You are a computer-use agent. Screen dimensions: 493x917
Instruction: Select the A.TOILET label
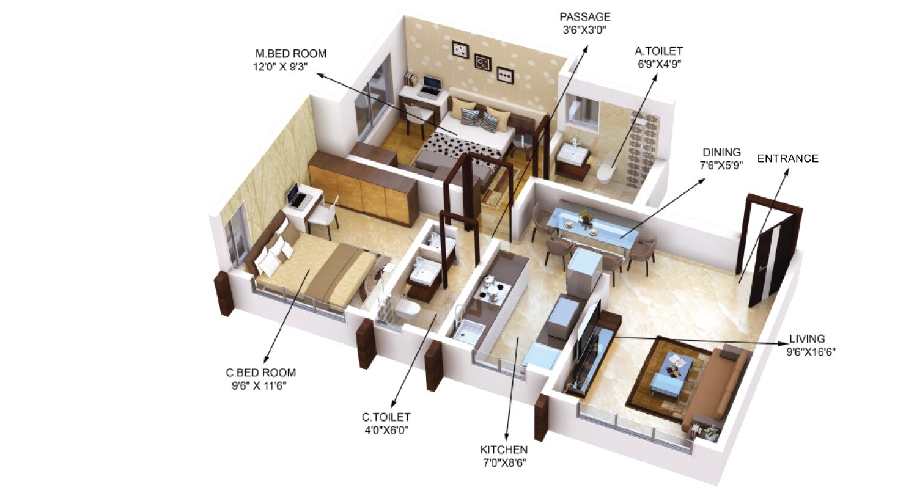click(659, 51)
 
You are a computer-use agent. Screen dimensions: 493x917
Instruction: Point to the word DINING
click(721, 152)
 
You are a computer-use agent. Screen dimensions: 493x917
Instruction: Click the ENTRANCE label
click(787, 158)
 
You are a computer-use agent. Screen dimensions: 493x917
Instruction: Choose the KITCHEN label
click(503, 450)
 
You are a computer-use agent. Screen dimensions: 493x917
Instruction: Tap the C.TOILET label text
click(386, 417)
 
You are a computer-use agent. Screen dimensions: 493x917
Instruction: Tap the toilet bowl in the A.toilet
click(605, 173)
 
